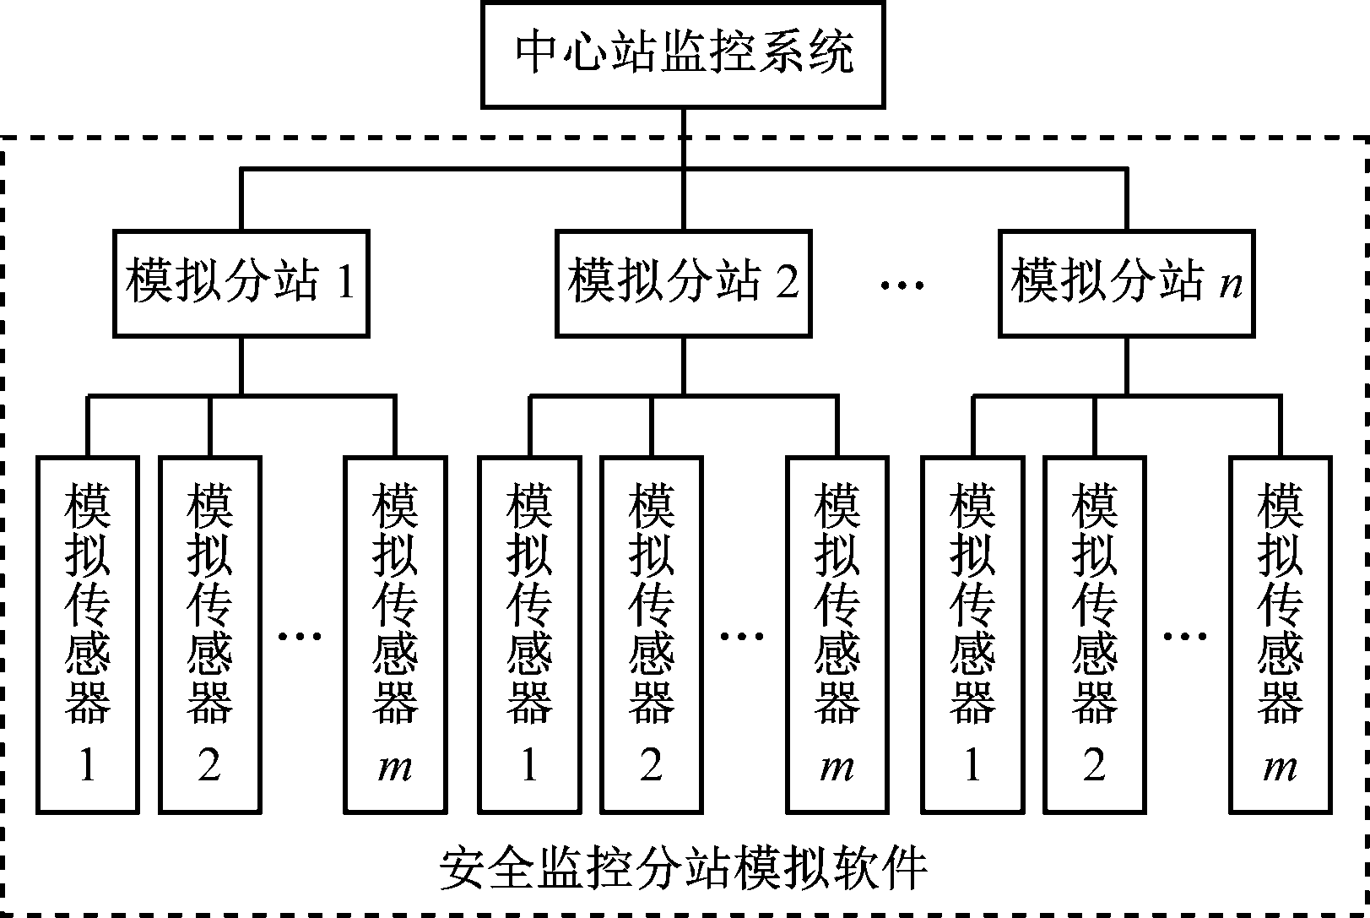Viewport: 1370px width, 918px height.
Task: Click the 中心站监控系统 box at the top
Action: point(682,54)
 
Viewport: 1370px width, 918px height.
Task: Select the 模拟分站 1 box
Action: point(241,283)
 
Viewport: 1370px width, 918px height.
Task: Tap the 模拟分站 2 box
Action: point(683,283)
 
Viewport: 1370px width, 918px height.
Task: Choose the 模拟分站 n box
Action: point(1126,283)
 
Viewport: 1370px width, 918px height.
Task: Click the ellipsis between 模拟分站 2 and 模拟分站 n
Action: point(902,285)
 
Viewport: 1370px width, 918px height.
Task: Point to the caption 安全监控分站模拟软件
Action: point(684,867)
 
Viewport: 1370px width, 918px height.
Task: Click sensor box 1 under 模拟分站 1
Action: point(87,633)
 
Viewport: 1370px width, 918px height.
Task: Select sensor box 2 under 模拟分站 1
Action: point(209,633)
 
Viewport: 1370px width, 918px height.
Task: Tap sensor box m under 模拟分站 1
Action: point(395,633)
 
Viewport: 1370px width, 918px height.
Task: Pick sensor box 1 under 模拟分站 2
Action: point(529,633)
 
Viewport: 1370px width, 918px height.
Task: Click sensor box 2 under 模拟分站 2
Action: point(651,633)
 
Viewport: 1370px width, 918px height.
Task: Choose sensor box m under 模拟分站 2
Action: point(837,633)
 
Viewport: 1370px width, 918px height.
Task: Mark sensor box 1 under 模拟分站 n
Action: point(972,633)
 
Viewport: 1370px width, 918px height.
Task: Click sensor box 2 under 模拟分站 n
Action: point(1094,633)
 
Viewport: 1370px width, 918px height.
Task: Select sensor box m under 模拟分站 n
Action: point(1280,633)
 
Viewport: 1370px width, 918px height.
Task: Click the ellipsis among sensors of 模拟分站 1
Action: point(301,635)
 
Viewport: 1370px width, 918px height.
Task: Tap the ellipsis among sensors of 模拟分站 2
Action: point(742,635)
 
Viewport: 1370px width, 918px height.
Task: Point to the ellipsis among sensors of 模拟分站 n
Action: point(1185,635)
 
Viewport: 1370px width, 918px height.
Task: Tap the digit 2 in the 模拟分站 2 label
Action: point(786,283)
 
